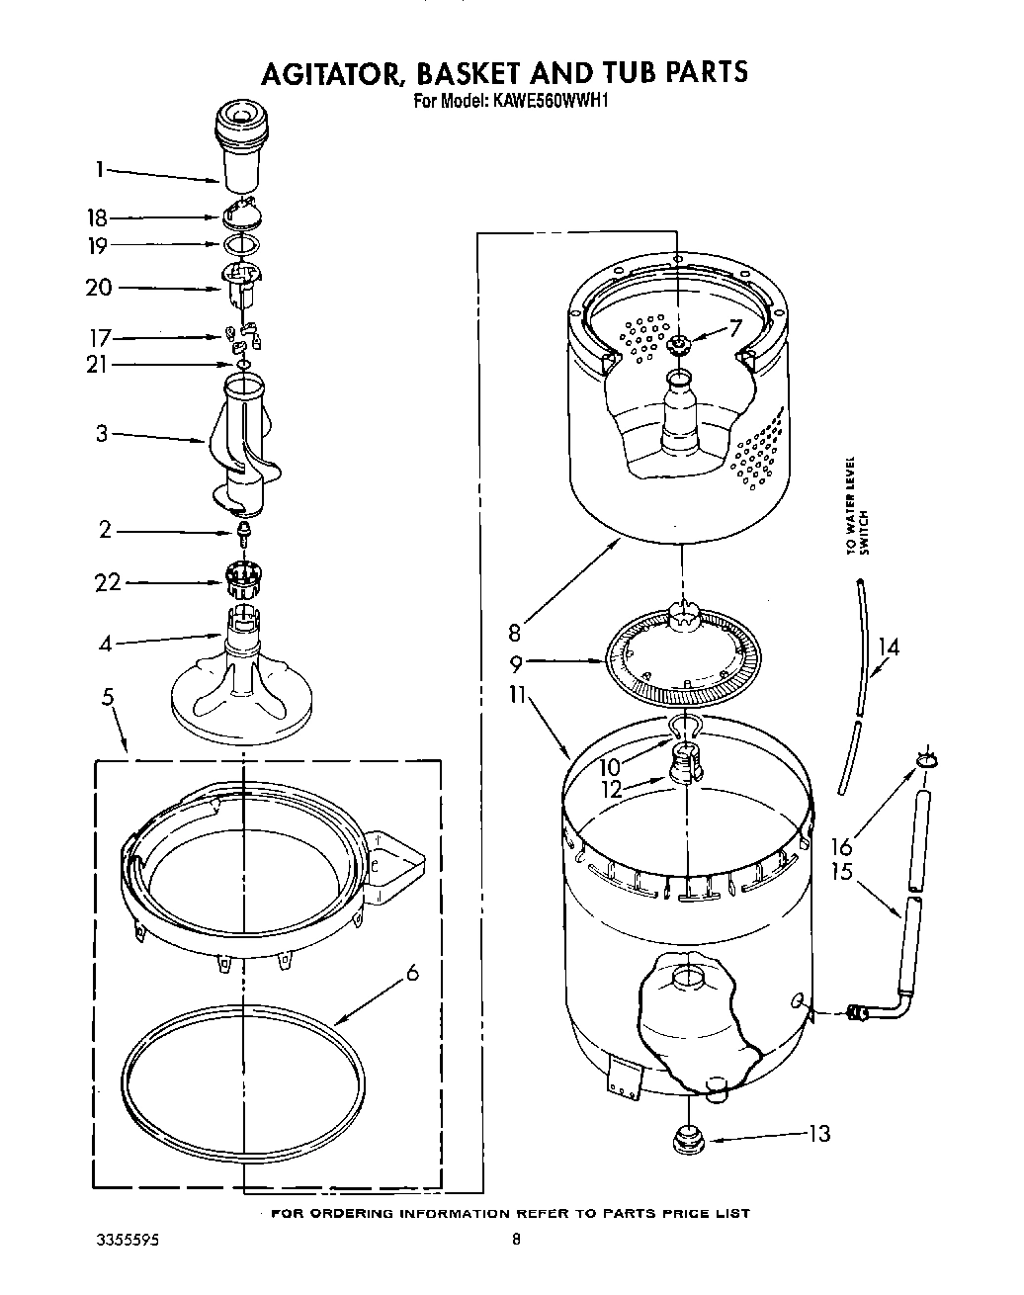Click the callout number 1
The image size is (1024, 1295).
tap(100, 170)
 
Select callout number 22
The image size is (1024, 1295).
tap(108, 583)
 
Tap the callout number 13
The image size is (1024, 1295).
tap(819, 1134)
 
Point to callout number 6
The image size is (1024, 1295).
tap(412, 973)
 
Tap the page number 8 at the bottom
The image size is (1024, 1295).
tap(516, 1240)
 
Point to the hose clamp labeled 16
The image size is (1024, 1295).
tap(926, 758)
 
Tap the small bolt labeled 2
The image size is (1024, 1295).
tap(242, 534)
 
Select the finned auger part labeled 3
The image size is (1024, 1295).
tap(240, 445)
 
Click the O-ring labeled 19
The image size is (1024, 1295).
tap(242, 245)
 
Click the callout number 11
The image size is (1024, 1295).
tap(516, 695)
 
